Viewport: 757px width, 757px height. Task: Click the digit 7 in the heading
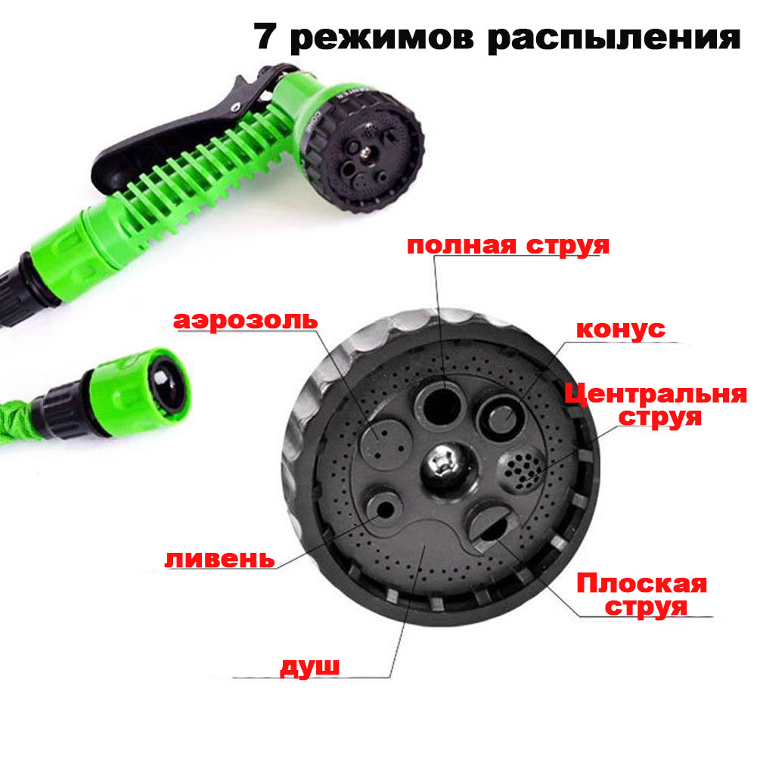265,36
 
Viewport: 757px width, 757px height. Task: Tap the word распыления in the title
613,38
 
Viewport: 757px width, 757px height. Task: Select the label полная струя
508,245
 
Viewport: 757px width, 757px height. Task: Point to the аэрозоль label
245,321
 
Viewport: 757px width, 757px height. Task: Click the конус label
621,330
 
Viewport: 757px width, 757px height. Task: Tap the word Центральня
656,395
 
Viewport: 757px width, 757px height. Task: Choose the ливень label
219,559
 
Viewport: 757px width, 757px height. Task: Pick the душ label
309,667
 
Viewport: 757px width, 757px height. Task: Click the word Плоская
641,583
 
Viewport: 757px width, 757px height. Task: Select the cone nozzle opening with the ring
500,417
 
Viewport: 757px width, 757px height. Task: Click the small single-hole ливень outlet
384,510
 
